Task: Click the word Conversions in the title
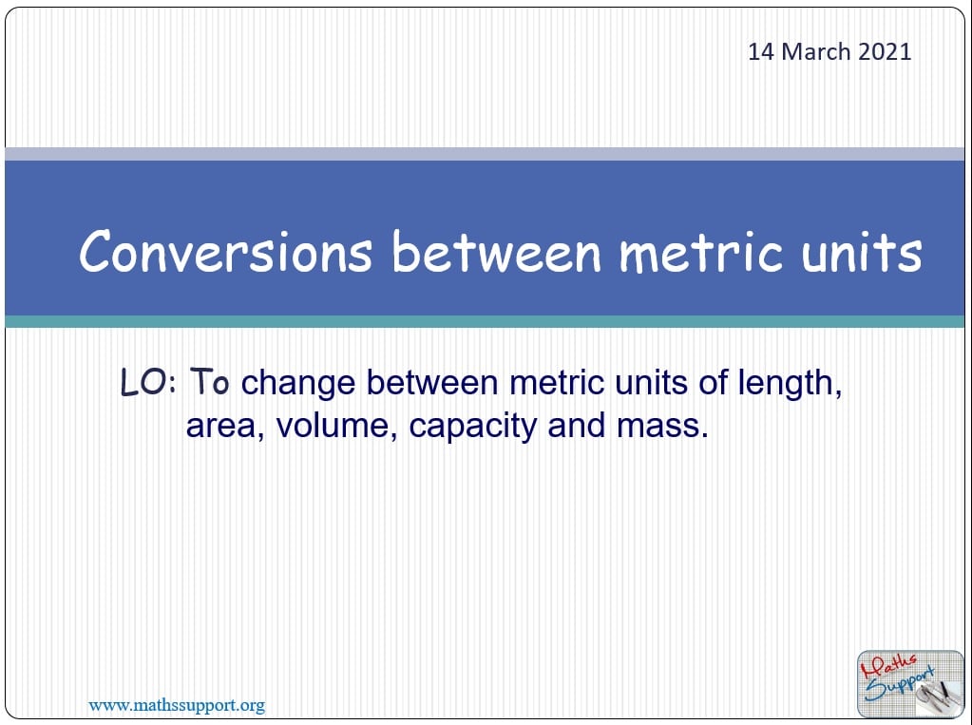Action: coord(225,251)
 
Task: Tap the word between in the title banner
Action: coord(497,251)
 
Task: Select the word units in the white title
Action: coord(861,251)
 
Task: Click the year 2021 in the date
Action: coord(885,51)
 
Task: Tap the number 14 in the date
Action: coord(761,51)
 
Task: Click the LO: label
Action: coord(148,382)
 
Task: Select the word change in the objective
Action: coord(297,383)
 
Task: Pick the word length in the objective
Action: coord(790,383)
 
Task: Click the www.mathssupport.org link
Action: coord(177,705)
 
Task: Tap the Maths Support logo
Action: coord(910,683)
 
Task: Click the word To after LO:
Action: coord(210,381)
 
